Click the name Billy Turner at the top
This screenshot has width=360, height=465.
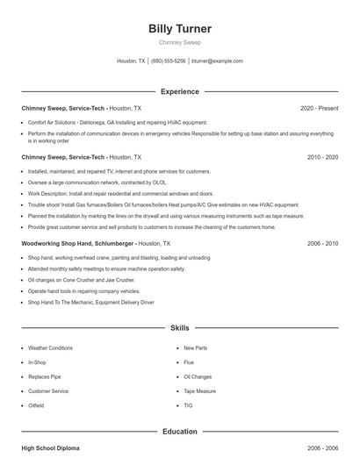click(x=180, y=29)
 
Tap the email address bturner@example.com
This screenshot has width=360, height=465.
click(x=217, y=61)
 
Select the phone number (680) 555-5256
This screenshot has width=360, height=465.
click(x=169, y=61)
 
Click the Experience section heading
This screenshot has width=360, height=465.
click(x=180, y=91)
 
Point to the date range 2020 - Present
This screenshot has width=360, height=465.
click(x=319, y=108)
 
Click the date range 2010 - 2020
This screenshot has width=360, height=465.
click(x=322, y=157)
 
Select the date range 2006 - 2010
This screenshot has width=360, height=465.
click(x=322, y=243)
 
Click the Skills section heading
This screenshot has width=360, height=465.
click(x=180, y=327)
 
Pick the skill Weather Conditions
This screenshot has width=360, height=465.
click(x=50, y=348)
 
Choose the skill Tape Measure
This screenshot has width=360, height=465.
click(x=200, y=391)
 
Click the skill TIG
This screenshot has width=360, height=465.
click(x=188, y=405)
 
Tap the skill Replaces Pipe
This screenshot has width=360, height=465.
click(x=44, y=376)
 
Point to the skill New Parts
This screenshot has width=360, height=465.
click(x=196, y=348)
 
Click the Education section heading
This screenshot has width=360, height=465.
click(x=180, y=432)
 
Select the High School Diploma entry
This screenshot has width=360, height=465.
click(x=50, y=448)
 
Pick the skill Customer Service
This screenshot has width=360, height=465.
click(x=48, y=391)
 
